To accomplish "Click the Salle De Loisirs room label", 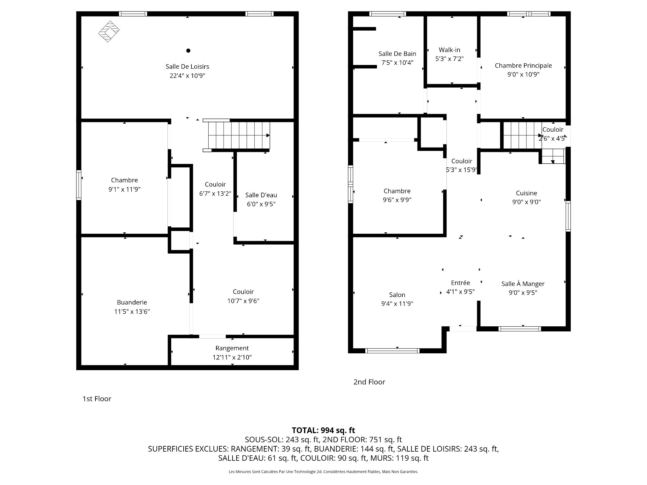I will (187, 67).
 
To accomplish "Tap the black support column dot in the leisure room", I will (188, 51).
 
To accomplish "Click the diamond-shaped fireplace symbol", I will (109, 31).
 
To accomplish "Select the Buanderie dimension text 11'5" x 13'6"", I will (132, 312).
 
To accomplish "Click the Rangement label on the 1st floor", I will (232, 348).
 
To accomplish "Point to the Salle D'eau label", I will (261, 195).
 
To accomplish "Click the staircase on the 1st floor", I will (239, 135).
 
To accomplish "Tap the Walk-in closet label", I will (449, 50).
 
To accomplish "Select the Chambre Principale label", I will (523, 66).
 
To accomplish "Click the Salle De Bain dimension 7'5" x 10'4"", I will (397, 63).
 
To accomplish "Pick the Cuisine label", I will (526, 193).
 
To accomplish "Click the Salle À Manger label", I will (523, 284).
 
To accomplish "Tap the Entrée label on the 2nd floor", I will (460, 283).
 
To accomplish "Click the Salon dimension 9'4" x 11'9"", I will (397, 303).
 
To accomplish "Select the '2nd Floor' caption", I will (369, 382).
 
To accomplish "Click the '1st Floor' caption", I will (97, 399).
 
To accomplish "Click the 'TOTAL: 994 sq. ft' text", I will (323, 430).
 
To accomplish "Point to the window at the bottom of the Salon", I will (392, 351).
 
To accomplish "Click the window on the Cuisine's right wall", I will (568, 216).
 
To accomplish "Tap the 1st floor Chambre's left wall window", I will (79, 185).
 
